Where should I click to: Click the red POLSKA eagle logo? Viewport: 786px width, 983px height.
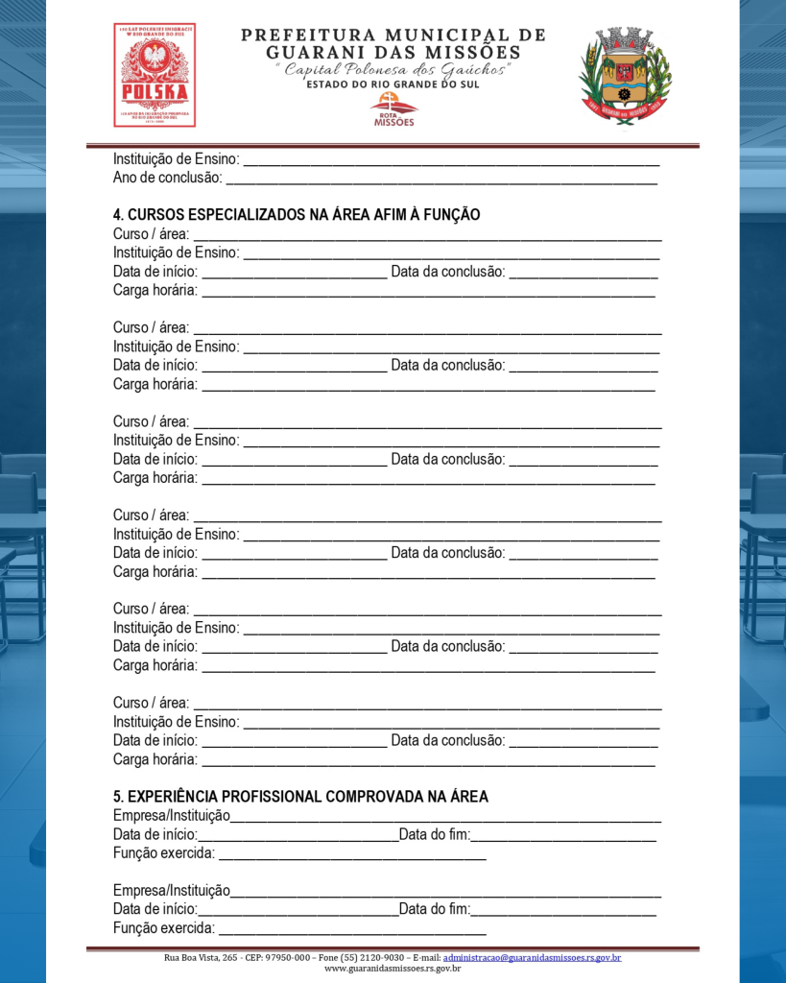point(154,75)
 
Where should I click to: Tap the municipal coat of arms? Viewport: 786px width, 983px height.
point(626,74)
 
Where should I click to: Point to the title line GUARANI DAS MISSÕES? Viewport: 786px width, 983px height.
point(393,53)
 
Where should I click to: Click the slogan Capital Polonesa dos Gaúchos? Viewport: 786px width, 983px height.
point(393,69)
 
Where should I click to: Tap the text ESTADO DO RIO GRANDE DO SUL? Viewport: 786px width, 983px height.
point(393,84)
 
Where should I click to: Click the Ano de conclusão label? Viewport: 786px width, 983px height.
point(167,178)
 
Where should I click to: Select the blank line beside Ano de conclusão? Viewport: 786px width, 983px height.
point(441,179)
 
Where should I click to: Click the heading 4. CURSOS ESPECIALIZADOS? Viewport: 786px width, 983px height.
point(297,215)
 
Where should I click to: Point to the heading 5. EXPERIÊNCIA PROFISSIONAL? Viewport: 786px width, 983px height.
point(300,797)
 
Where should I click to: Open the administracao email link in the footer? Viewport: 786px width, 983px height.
point(532,958)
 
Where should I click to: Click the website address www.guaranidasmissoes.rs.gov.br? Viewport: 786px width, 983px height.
point(393,969)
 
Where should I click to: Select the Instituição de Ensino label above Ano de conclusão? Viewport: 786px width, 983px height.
point(176,159)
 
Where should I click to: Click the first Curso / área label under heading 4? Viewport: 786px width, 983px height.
point(151,234)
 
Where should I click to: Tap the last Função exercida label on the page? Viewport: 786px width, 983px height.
point(164,928)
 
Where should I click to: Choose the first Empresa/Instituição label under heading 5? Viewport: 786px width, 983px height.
point(172,816)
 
